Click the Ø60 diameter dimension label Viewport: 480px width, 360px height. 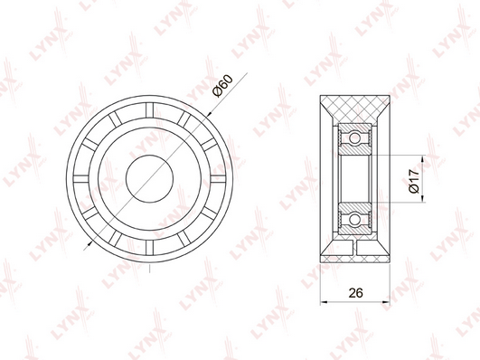[x=223, y=86]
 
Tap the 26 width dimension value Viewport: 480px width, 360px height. [x=356, y=293]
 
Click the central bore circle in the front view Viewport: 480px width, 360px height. [x=149, y=178]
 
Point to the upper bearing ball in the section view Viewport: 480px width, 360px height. [x=354, y=137]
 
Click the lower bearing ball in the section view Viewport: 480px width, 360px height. [x=354, y=220]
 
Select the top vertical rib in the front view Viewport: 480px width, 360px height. [x=149, y=110]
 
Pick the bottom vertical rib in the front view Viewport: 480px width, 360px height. [x=149, y=247]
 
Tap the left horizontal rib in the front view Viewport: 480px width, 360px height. [x=81, y=178]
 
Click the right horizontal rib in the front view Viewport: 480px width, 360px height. [x=218, y=178]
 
